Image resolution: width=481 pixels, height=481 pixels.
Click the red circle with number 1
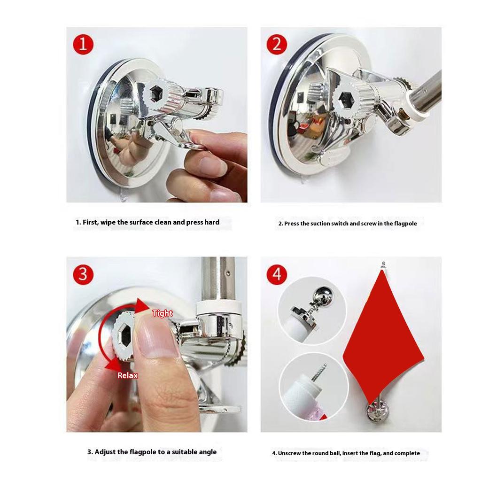pos(83,45)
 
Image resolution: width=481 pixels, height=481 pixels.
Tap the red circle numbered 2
pos(277,45)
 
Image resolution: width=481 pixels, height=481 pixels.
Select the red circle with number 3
pos(83,274)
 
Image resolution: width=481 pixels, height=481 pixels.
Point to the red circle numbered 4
pos(277,274)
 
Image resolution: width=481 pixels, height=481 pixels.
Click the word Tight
pos(162,313)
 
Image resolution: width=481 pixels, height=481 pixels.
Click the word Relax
pos(128,375)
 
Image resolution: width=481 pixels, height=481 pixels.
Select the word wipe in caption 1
pos(108,222)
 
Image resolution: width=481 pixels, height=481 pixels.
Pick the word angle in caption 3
pos(208,452)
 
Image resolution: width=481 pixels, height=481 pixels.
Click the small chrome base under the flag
pos(376,411)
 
